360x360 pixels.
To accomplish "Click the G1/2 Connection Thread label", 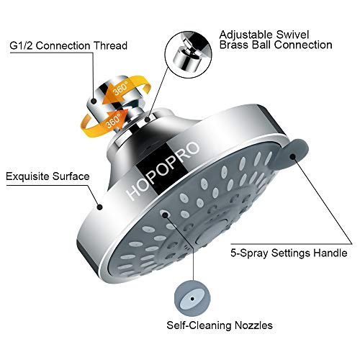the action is pyautogui.click(x=68, y=45).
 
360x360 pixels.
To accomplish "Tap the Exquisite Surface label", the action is pyautogui.click(x=48, y=176).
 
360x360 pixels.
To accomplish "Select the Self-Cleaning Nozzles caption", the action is pyautogui.click(x=220, y=325).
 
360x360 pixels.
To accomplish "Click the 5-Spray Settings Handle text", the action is pyautogui.click(x=289, y=253).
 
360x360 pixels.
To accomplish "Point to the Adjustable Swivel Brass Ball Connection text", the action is pyautogui.click(x=276, y=40).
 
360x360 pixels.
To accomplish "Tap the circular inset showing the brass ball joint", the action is pyautogui.click(x=189, y=54).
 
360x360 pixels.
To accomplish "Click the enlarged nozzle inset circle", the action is pyautogui.click(x=192, y=299).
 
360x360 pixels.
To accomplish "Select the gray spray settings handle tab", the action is pyautogui.click(x=291, y=153).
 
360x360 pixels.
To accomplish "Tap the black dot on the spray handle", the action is pyautogui.click(x=292, y=157).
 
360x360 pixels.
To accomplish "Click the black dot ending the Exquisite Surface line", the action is pyautogui.click(x=100, y=207).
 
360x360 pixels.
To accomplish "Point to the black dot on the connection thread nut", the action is pyautogui.click(x=96, y=101).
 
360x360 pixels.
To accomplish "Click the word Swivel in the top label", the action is pyautogui.click(x=292, y=35).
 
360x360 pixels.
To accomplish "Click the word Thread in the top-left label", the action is pyautogui.click(x=110, y=45).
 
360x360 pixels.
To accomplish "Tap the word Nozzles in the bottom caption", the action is pyautogui.click(x=253, y=325).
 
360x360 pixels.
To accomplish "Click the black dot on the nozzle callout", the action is pyautogui.click(x=192, y=299).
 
